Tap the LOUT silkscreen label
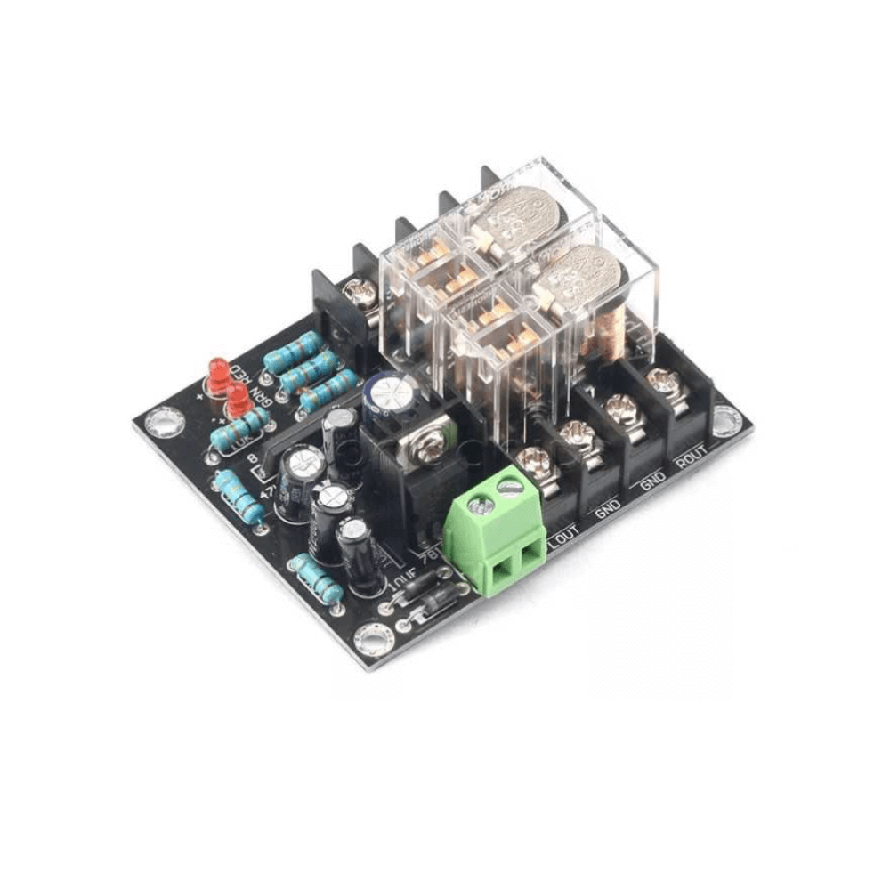click(x=564, y=537)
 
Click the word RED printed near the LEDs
click(x=239, y=372)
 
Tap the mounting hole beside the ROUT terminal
click(x=725, y=419)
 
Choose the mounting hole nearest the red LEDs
click(x=163, y=418)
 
